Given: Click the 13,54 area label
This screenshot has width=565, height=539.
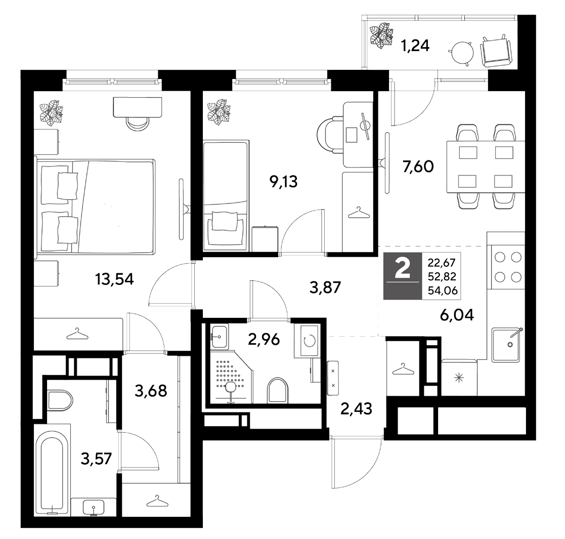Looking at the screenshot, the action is point(114,279).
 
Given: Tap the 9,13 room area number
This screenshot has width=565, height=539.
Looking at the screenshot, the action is point(284,182).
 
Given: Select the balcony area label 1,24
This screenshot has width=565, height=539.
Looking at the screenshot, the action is point(415,46).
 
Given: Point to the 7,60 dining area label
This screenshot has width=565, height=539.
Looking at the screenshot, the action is point(418,167).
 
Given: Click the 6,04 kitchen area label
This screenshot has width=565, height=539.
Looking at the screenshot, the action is point(457,315).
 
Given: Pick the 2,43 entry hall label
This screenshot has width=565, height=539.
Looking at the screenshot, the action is point(356,409).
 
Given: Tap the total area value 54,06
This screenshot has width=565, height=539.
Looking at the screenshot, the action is point(442,290).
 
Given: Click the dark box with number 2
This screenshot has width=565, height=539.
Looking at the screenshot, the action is point(403,276).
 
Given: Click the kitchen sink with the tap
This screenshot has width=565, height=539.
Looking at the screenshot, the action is point(506,344).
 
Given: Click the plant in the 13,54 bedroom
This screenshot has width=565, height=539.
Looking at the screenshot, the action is point(51,113).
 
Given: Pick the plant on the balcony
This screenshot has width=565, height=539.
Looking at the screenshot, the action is point(381,35).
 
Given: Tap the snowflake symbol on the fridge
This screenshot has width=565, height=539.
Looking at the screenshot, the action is point(458,378).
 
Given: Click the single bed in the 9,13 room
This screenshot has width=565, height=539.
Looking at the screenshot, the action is point(226,196).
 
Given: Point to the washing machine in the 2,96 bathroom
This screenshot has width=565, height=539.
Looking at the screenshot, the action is point(307,341).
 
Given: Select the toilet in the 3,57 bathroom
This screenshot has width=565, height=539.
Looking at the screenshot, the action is point(59,400).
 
